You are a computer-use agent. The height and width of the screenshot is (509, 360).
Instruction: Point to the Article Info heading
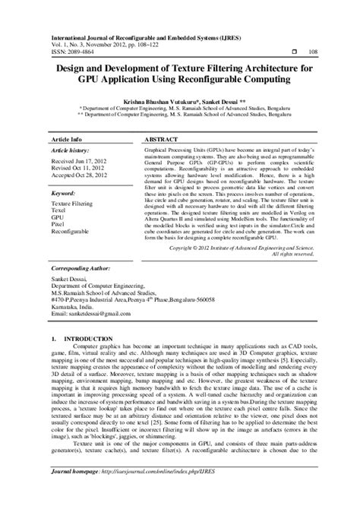pyautogui.click(x=66, y=141)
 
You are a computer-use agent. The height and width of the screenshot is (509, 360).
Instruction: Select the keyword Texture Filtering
pyautogui.click(x=73, y=205)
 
